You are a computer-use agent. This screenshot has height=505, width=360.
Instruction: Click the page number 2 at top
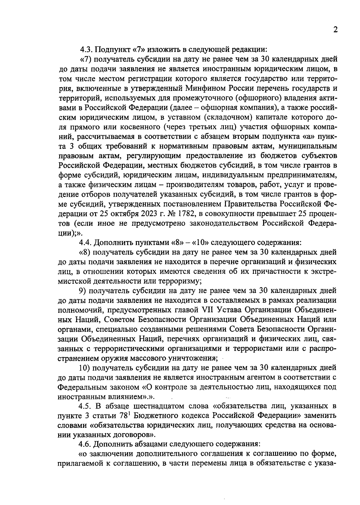(335, 30)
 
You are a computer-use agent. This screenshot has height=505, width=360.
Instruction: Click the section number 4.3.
(86, 49)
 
